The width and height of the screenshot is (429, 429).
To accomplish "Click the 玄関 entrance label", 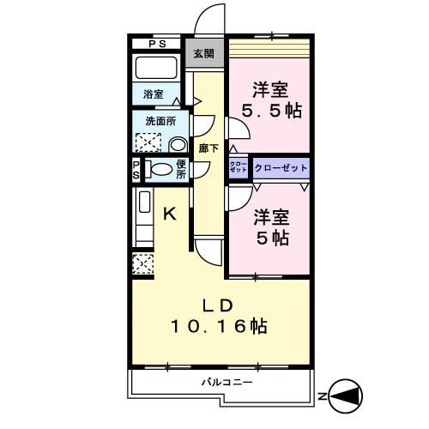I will tap(202, 53).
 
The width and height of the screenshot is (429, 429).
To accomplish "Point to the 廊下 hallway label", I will tap(208, 148).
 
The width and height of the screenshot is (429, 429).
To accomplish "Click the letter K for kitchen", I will tap(170, 214).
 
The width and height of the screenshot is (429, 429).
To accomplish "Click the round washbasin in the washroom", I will tap(177, 144).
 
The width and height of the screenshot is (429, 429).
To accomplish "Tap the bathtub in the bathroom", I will tap(157, 69).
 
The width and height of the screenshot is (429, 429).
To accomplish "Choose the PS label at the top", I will tap(156, 44).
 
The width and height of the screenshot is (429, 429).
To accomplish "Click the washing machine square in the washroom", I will tap(148, 142).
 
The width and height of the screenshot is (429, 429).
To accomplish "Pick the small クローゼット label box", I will tap(239, 167).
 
